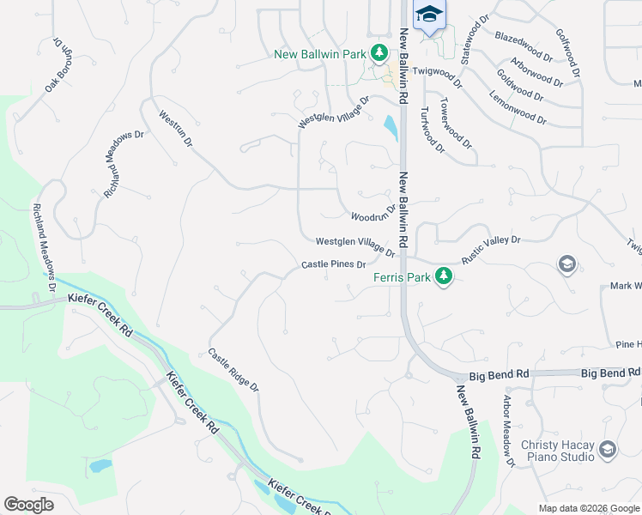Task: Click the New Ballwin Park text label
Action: pos(319,54)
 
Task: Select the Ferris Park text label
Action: pos(402,276)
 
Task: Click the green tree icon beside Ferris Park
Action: pos(443,276)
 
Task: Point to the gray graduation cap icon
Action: pos(566,264)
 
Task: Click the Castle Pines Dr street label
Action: pos(334,264)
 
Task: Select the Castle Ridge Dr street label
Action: pos(233,370)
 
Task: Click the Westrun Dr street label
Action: pos(175,128)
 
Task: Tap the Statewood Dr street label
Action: pos(473,39)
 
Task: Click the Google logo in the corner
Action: pos(28,505)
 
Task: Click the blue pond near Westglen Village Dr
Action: pos(391,128)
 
